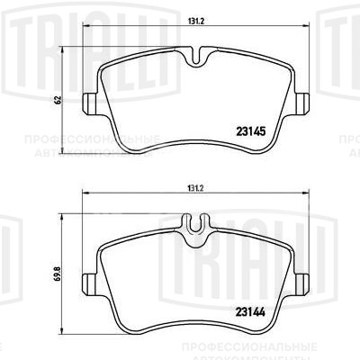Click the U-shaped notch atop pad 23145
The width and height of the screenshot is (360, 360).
click(196, 57)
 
